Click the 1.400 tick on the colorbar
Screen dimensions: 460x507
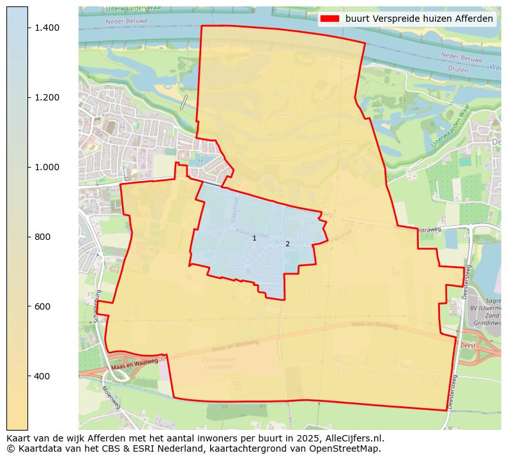pyautogui.click(x=47, y=28)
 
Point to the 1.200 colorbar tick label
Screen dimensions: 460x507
pyautogui.click(x=47, y=97)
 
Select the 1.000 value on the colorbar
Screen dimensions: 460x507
pyautogui.click(x=47, y=167)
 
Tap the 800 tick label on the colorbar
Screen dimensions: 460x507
pyautogui.click(x=42, y=237)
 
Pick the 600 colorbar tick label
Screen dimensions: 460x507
pyautogui.click(x=42, y=306)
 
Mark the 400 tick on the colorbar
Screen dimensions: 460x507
pyautogui.click(x=42, y=376)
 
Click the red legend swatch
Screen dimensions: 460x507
pyautogui.click(x=329, y=19)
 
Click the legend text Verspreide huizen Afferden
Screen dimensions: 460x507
pyautogui.click(x=419, y=19)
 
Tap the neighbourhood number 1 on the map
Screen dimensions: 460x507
pyautogui.click(x=254, y=239)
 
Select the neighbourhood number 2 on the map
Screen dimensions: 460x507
pyautogui.click(x=287, y=244)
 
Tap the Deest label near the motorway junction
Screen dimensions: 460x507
pyautogui.click(x=468, y=345)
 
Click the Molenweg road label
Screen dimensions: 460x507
pyautogui.click(x=111, y=397)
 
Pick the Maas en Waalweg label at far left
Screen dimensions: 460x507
pyautogui.click(x=134, y=365)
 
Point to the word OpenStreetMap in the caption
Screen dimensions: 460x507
pyautogui.click(x=349, y=448)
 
